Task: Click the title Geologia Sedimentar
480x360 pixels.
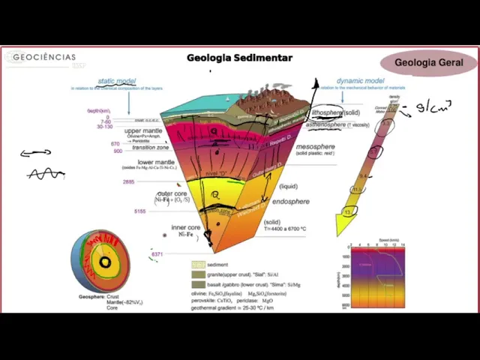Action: [239, 58]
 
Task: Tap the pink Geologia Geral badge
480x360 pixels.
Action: [428, 63]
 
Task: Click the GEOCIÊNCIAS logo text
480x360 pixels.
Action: [43, 57]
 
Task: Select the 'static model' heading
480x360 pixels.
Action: [116, 81]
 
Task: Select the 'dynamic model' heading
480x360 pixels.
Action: [360, 81]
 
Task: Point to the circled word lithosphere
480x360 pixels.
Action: [327, 112]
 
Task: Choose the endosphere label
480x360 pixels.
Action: [290, 202]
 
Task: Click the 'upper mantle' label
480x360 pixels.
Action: [143, 131]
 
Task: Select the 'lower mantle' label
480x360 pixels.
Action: [156, 162]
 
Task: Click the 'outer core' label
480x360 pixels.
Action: [172, 194]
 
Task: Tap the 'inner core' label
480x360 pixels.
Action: [185, 227]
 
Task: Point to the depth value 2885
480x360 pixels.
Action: [129, 181]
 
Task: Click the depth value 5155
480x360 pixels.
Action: [139, 211]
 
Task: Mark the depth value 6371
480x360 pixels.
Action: [157, 254]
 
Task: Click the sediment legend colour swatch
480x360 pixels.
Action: [198, 265]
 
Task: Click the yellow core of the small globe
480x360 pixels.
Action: [106, 262]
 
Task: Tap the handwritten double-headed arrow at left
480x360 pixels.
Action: [36, 154]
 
